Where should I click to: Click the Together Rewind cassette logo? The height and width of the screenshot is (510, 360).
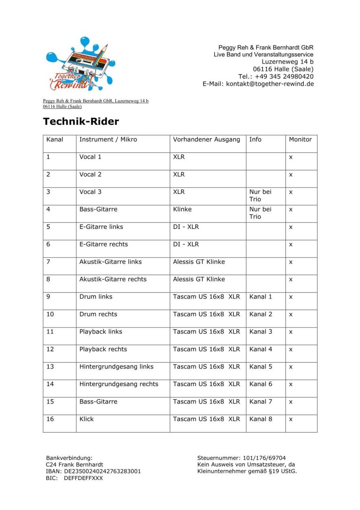[x=79, y=63]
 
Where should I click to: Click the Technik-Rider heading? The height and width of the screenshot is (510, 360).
[x=81, y=122]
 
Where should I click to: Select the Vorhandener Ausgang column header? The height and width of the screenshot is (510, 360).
[x=206, y=139]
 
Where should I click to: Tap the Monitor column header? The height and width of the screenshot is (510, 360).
[x=300, y=139]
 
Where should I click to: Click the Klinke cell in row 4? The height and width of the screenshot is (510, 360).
[x=182, y=209]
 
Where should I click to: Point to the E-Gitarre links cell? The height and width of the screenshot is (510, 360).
[x=101, y=227]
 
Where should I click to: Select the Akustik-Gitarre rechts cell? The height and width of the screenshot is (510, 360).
[x=113, y=279]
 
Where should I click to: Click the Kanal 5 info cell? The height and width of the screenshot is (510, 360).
[x=261, y=366]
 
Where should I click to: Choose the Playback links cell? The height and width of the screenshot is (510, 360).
[x=101, y=332]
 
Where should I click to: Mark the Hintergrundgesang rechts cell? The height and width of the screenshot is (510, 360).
[x=119, y=384]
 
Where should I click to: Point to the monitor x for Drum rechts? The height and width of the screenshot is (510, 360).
[x=291, y=314]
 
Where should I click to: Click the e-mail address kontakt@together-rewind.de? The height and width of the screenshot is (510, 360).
[x=270, y=84]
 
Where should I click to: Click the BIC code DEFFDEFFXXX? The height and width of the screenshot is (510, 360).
[x=83, y=478]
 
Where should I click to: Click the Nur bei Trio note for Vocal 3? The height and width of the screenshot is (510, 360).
[x=260, y=196]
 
